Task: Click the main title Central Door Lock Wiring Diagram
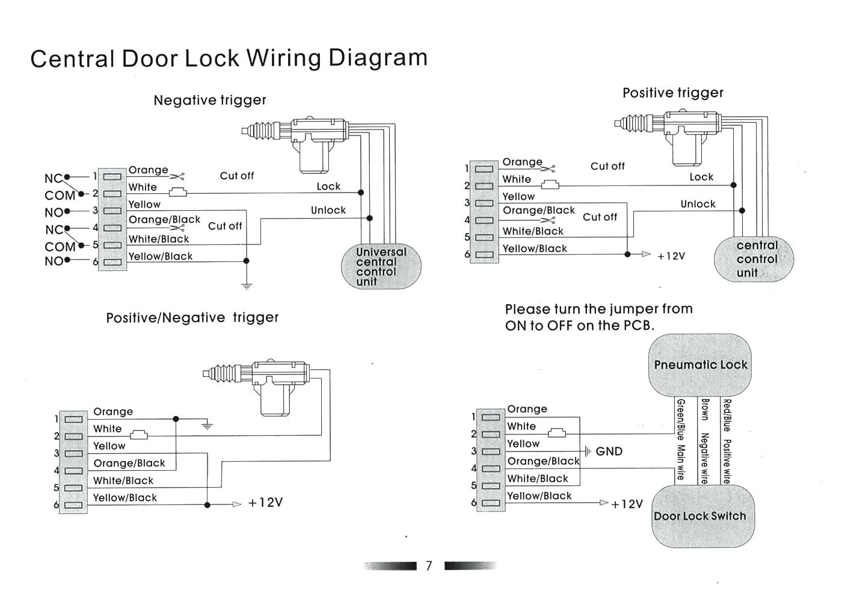click(x=229, y=58)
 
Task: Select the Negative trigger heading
click(x=209, y=100)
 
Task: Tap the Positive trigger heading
click(x=672, y=93)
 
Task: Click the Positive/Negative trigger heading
click(x=192, y=317)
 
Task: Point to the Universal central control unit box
click(x=381, y=266)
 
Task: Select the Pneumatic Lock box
click(x=700, y=365)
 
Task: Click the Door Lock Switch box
click(x=700, y=516)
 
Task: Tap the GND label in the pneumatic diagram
click(x=609, y=451)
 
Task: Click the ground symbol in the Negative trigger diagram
click(x=246, y=285)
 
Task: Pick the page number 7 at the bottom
click(x=429, y=566)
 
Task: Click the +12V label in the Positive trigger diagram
click(x=671, y=256)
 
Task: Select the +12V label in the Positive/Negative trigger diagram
click(x=265, y=503)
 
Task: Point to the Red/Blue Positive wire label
click(x=727, y=441)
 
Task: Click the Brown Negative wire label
click(x=704, y=441)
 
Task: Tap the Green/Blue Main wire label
click(x=680, y=439)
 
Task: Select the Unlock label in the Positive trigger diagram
click(x=698, y=204)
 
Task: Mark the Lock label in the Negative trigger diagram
click(x=328, y=187)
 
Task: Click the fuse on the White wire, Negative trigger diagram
click(x=177, y=193)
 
